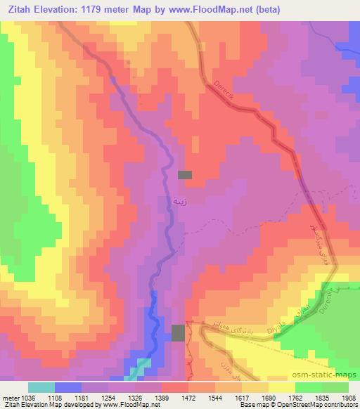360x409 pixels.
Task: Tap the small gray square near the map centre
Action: [185, 175]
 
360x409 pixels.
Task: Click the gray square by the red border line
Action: [179, 332]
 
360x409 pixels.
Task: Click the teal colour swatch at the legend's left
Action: [41, 387]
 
